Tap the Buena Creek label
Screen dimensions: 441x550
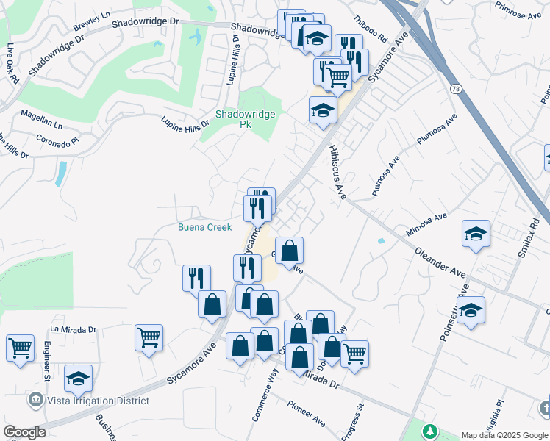point(204,227)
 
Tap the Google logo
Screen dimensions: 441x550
point(24,432)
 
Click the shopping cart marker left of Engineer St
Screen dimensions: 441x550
point(20,347)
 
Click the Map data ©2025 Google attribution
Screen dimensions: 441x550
point(504,434)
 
